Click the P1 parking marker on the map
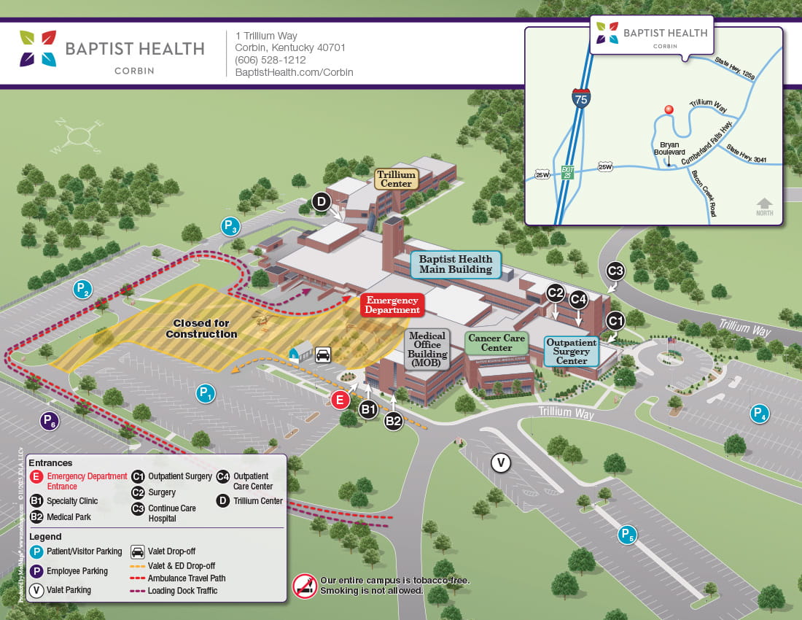(206, 394)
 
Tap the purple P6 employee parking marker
(50, 421)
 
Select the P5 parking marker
(627, 535)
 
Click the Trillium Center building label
(397, 179)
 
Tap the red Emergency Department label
(392, 305)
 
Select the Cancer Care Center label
(496, 343)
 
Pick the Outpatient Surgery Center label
(572, 351)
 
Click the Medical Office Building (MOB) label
(427, 349)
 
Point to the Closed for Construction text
(201, 329)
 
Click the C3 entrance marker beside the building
(615, 271)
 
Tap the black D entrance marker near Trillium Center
(322, 202)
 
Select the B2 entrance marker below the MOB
(394, 420)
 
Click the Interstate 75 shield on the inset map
(580, 99)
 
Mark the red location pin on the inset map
(667, 111)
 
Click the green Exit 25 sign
(568, 172)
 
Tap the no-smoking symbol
(305, 585)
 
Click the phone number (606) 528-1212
(270, 60)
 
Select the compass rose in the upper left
(77, 135)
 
